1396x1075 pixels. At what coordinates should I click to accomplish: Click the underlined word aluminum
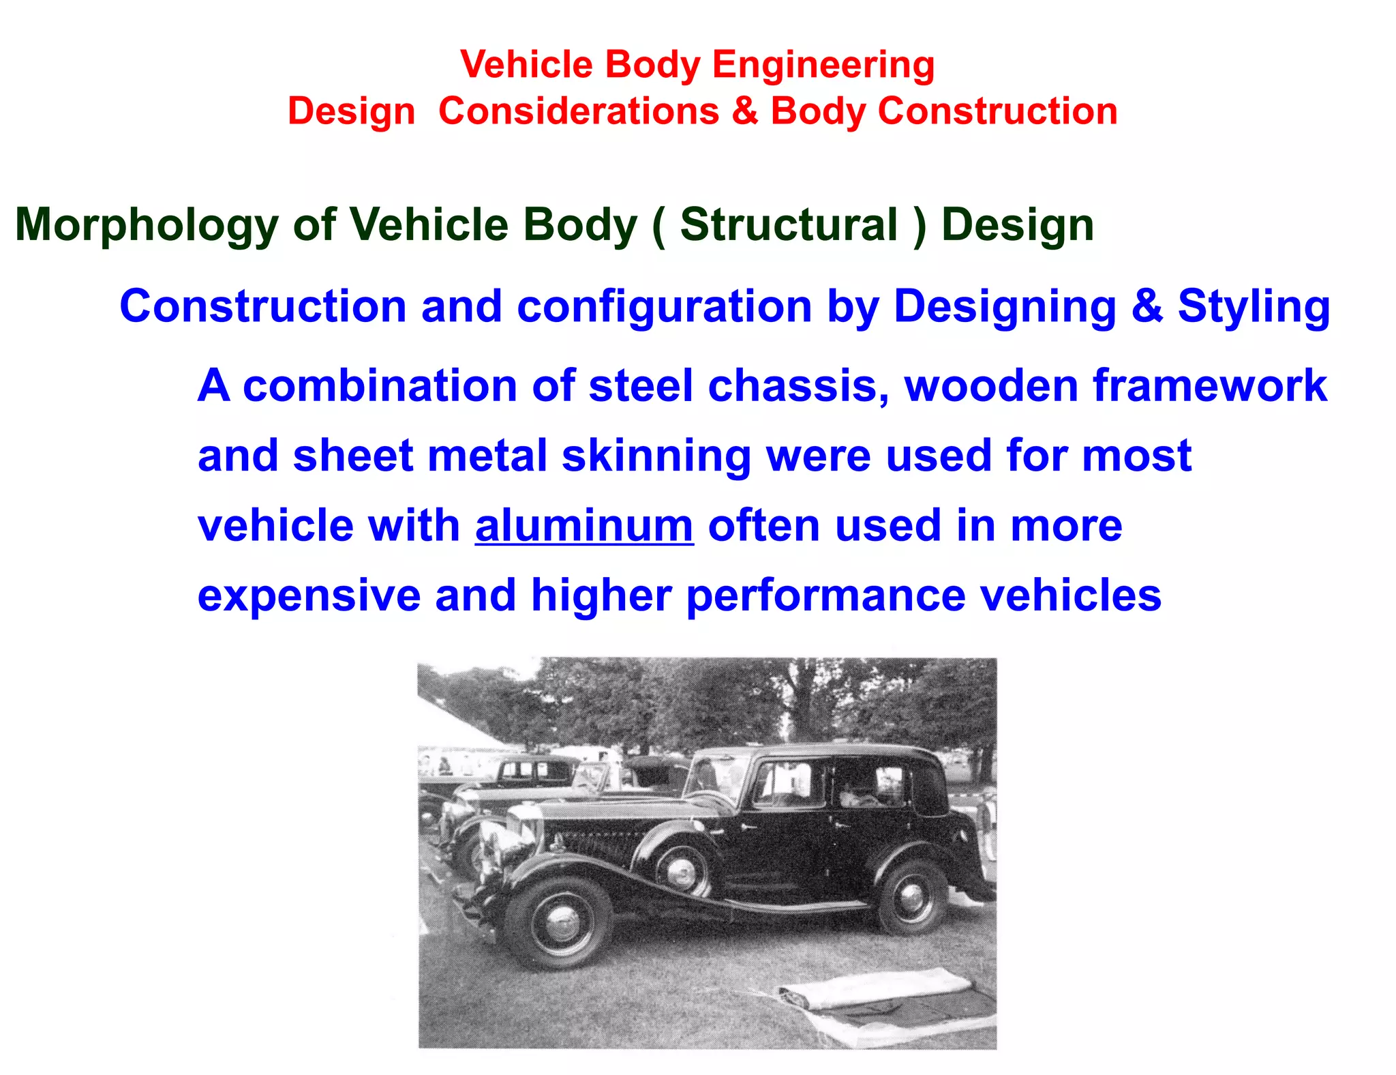point(584,526)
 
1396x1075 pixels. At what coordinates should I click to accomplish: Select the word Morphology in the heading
point(147,225)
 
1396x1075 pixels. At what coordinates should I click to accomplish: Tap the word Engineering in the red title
point(823,65)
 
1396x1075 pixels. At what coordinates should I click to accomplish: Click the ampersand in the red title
point(744,111)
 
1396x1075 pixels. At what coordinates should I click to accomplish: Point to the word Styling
point(1254,306)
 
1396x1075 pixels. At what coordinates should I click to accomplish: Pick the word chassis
point(798,386)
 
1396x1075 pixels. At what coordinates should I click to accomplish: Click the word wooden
point(991,386)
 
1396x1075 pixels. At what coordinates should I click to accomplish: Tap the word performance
point(825,595)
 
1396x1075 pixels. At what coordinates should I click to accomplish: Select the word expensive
point(309,595)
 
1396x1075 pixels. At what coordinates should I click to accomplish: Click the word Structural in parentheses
point(789,225)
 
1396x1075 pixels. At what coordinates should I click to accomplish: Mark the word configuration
point(665,306)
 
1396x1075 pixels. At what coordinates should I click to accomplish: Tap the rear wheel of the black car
point(912,897)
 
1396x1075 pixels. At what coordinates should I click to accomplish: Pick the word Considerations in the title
point(578,111)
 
